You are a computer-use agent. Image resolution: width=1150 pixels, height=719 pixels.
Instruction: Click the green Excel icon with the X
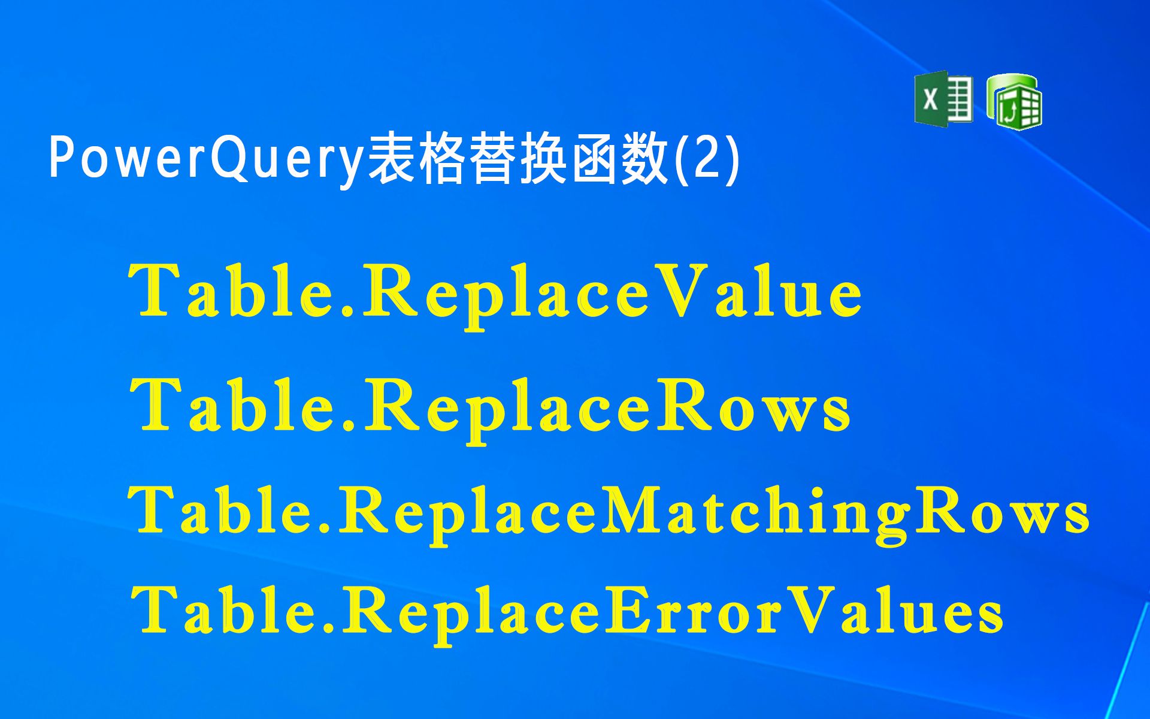point(943,99)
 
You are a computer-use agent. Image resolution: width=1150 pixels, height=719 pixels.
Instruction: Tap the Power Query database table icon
point(1015,101)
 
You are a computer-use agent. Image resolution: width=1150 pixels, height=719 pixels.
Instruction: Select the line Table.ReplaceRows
point(490,407)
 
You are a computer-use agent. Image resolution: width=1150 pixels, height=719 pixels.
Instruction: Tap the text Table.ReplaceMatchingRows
point(609,513)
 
